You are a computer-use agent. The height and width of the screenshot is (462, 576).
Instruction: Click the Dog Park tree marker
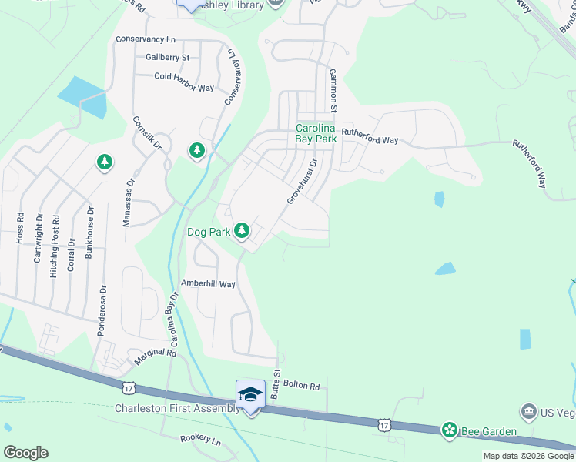(x=242, y=230)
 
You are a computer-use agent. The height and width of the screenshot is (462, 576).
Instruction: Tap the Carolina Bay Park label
(x=316, y=134)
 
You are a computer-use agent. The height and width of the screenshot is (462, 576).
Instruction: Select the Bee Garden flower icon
(x=449, y=430)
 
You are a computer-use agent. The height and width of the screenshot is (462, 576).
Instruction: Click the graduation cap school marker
(x=250, y=394)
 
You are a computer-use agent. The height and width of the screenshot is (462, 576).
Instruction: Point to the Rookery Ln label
(x=200, y=442)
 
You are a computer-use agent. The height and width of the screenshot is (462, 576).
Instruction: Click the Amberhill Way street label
(x=207, y=283)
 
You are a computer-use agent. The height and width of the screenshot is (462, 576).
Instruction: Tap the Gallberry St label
(x=167, y=57)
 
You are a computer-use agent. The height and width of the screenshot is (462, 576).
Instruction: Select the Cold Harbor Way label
(x=184, y=76)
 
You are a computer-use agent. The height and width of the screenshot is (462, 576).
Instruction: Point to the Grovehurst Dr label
(x=303, y=182)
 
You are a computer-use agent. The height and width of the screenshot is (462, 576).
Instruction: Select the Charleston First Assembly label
(x=177, y=408)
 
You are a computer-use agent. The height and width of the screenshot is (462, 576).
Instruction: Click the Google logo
(x=25, y=452)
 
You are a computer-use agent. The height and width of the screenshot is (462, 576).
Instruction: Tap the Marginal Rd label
(x=156, y=354)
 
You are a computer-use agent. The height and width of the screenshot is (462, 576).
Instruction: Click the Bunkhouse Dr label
(x=90, y=234)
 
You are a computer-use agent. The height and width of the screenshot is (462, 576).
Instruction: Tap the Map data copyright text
(x=528, y=456)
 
